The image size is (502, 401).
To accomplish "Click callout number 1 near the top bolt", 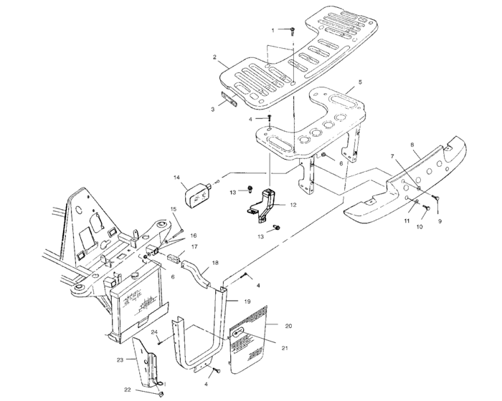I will click(273, 29).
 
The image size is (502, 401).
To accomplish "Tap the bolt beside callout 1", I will click(293, 30).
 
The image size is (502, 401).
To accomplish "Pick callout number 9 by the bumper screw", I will click(440, 222).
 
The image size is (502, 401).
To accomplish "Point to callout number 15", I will click(172, 209).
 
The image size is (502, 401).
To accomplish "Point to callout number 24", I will click(154, 332).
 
